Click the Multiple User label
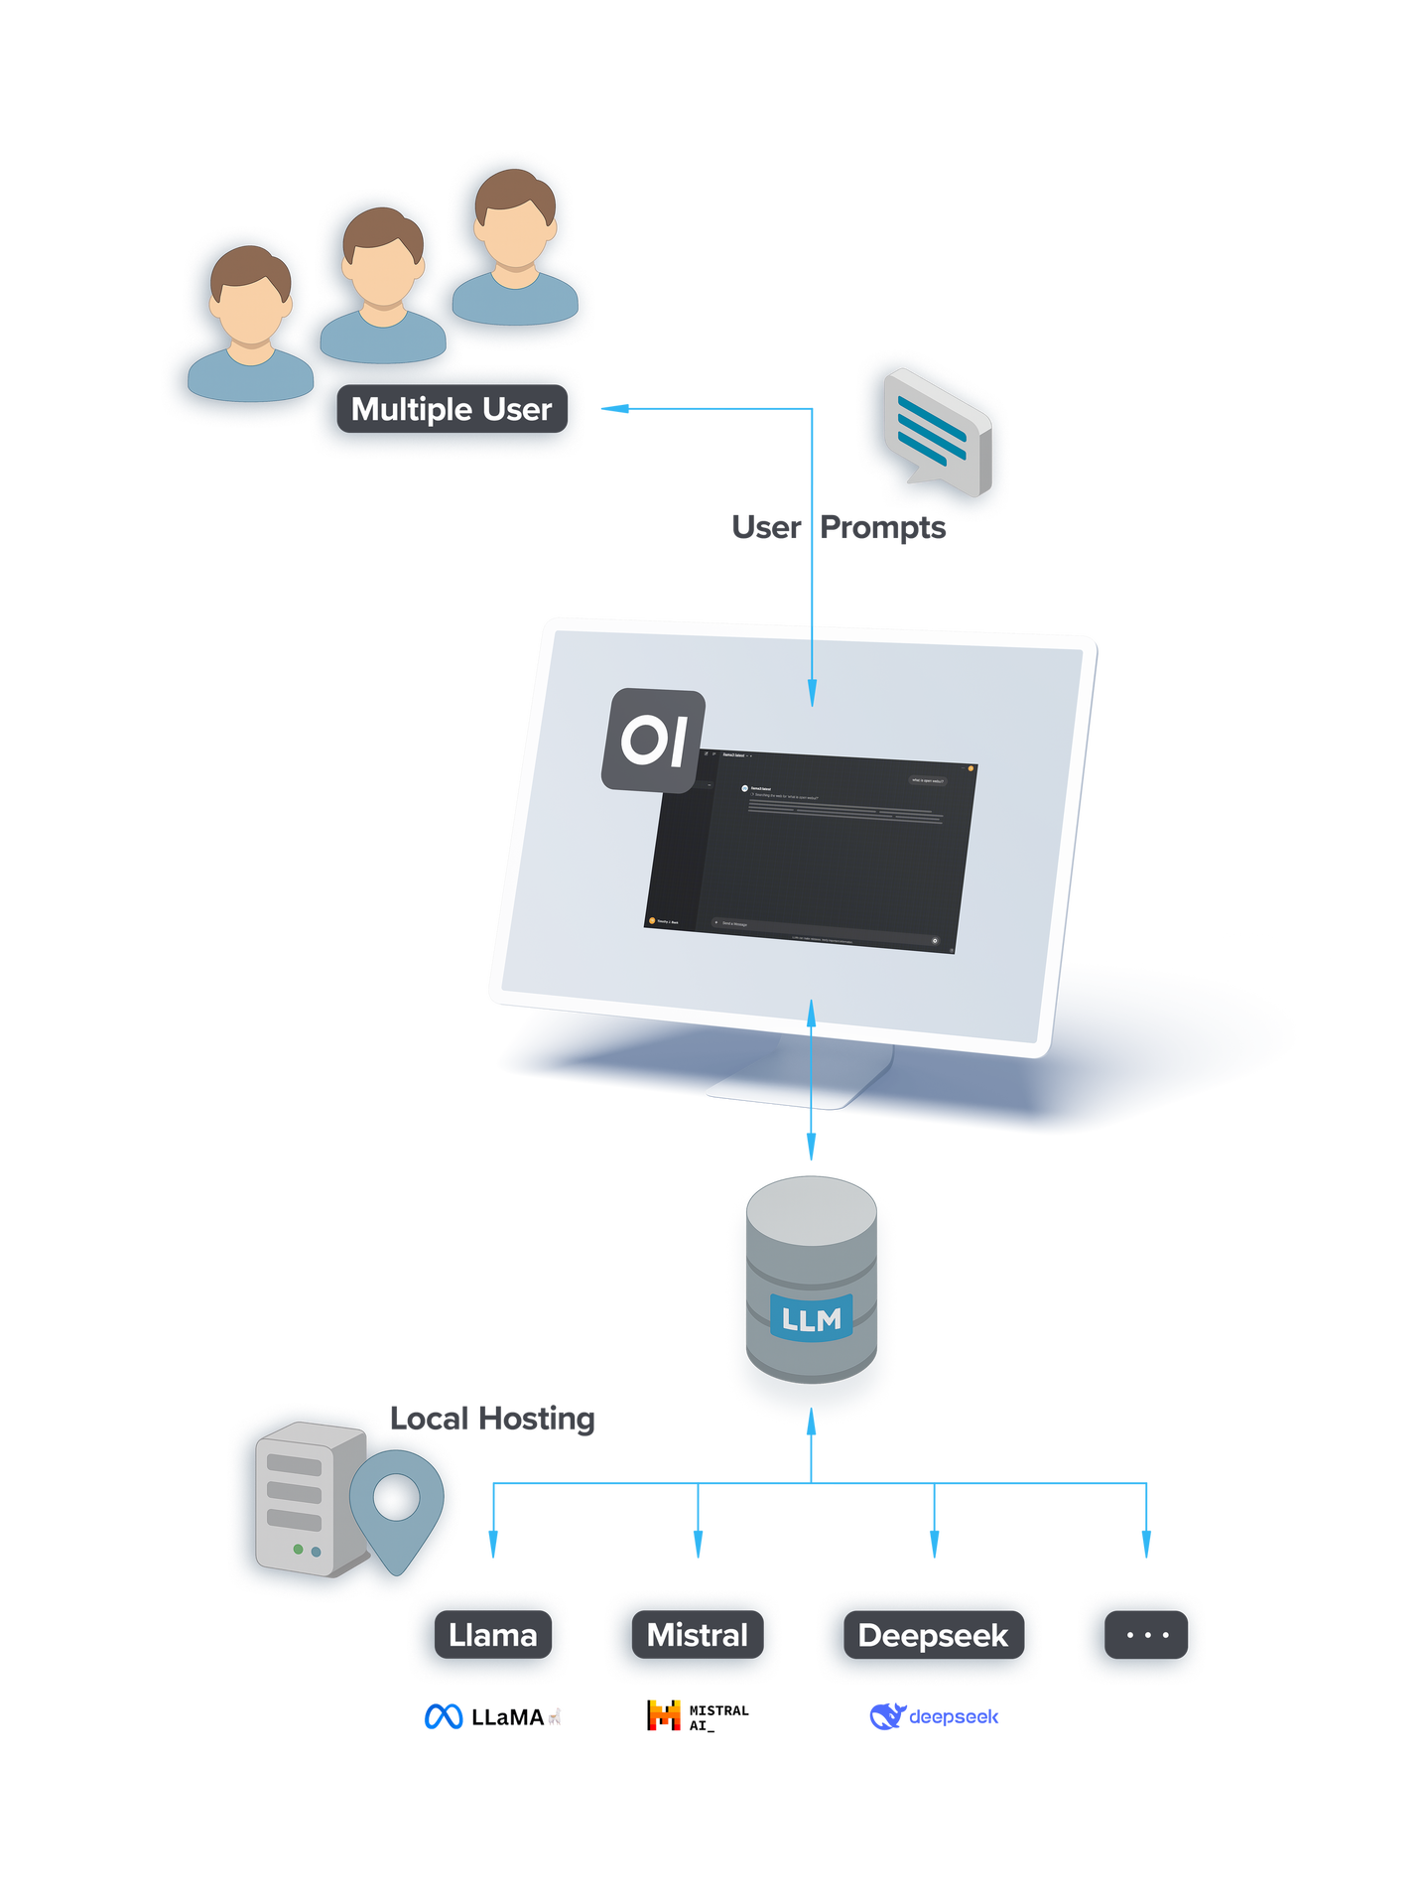click(452, 409)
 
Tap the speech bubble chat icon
click(937, 434)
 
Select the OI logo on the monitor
click(653, 741)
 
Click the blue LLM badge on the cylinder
click(812, 1318)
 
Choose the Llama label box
click(492, 1635)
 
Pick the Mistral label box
click(697, 1635)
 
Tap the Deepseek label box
click(932, 1635)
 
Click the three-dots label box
click(1146, 1635)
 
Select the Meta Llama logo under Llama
click(492, 1716)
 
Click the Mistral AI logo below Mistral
click(699, 1714)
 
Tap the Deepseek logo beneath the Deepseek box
click(933, 1716)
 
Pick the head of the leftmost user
click(250, 298)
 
